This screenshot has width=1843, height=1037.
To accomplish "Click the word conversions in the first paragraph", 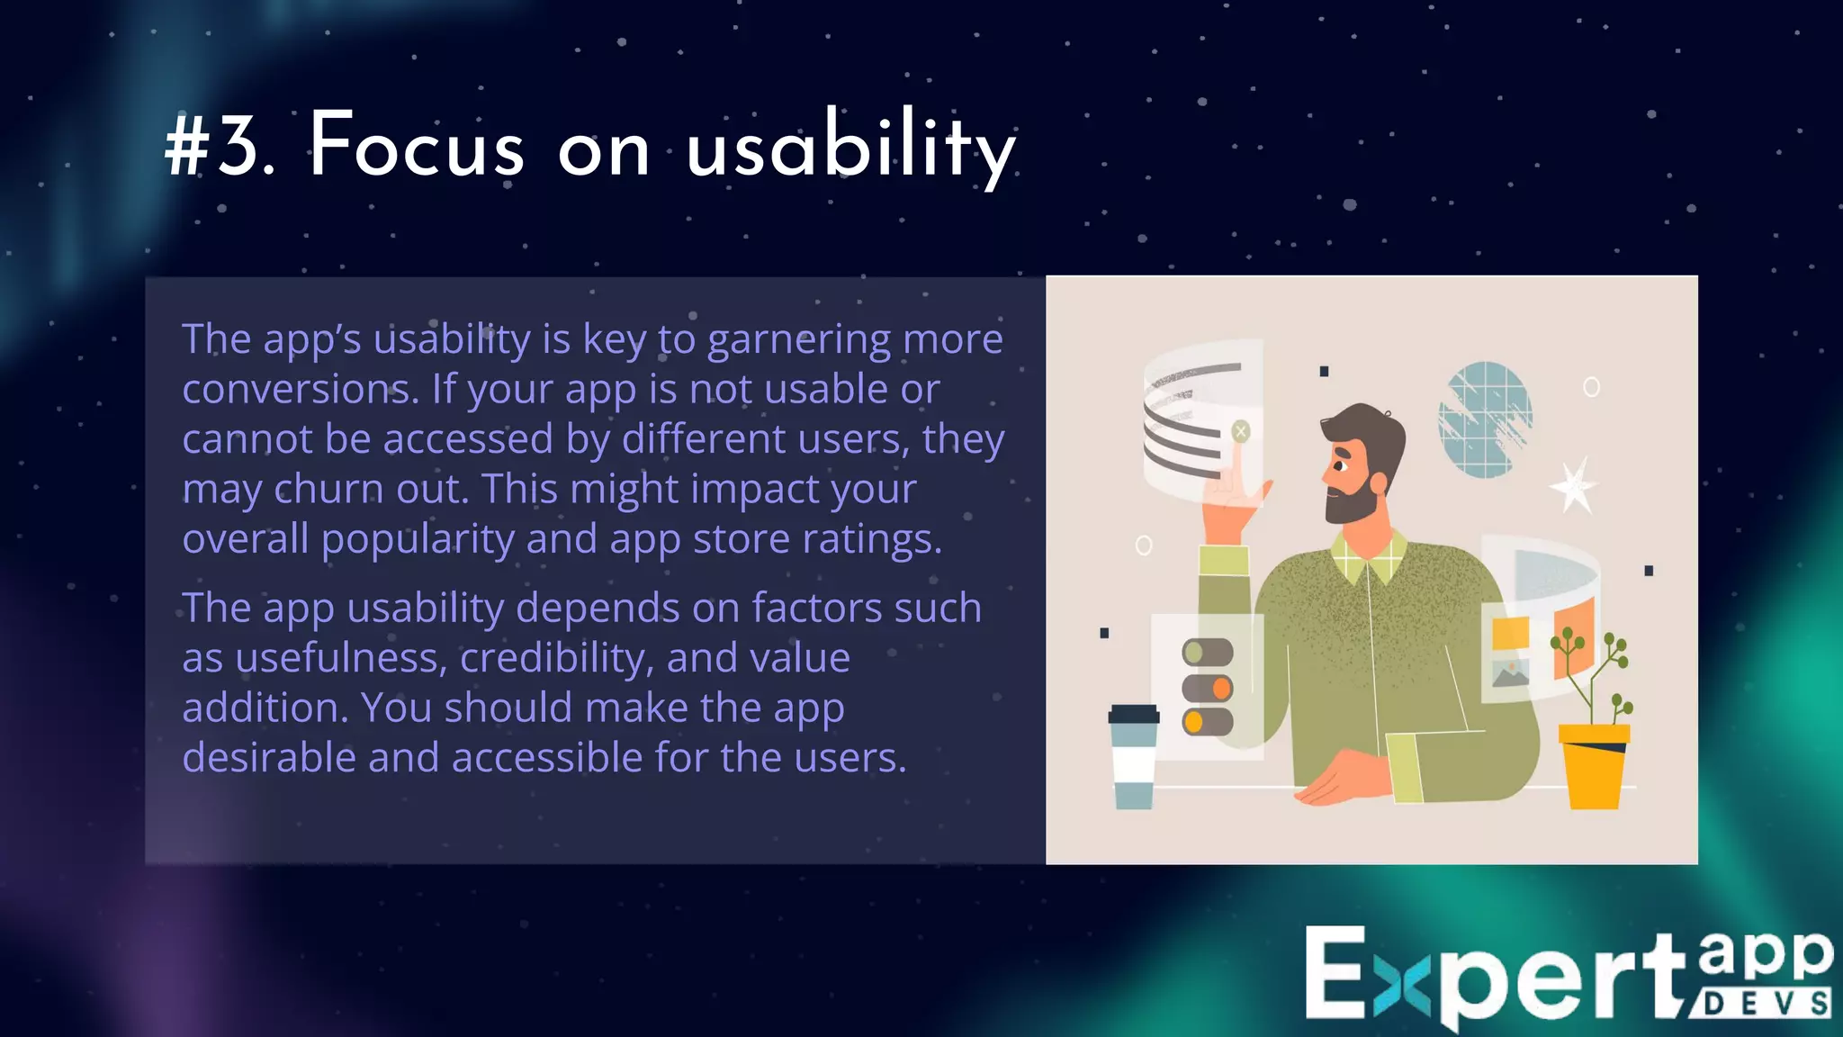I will coord(300,390).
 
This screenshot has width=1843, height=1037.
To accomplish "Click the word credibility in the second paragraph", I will coord(556,658).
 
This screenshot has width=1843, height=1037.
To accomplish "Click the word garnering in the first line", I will coord(798,340).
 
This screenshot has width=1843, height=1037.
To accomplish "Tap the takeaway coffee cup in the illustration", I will coord(1133,756).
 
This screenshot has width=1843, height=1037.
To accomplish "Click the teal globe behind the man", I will coord(1484,419).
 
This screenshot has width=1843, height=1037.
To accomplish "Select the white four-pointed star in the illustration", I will coord(1574,485).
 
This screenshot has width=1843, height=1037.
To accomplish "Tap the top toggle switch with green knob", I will coord(1207,652).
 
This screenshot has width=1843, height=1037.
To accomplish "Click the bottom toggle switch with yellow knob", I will coord(1207,722).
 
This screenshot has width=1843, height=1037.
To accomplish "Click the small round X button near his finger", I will coord(1241,431).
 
